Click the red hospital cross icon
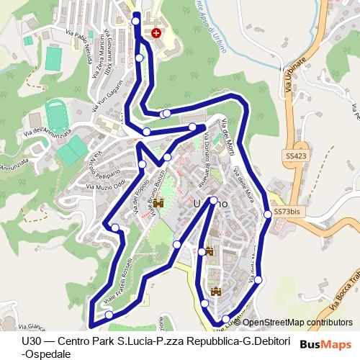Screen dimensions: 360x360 [x=156, y=33]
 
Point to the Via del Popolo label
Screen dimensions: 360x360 [x=138, y=202]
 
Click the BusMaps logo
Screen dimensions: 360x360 [x=326, y=345]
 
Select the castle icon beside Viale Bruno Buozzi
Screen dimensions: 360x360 [x=158, y=203]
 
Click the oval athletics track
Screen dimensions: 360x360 [x=57, y=117]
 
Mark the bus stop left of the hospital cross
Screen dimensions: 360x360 [x=137, y=22]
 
